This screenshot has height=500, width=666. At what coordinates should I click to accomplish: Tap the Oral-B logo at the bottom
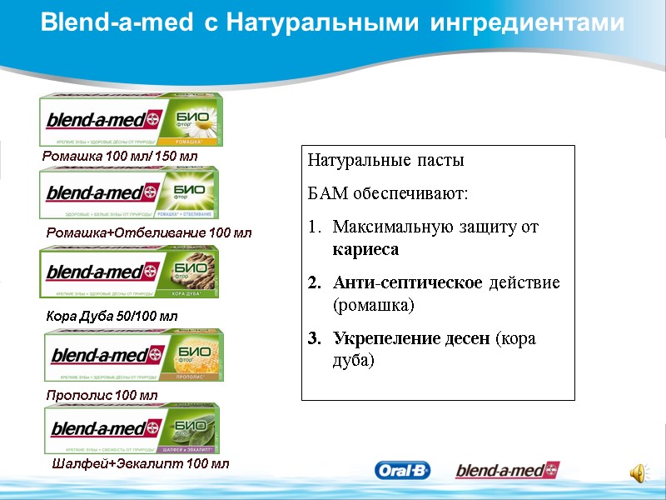pyautogui.click(x=403, y=471)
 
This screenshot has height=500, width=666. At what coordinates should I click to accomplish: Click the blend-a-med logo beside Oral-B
pyautogui.click(x=507, y=471)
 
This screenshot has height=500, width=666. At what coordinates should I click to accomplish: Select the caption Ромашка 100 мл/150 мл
pyautogui.click(x=120, y=156)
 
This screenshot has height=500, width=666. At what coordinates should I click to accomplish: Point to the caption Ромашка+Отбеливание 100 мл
pyautogui.click(x=148, y=232)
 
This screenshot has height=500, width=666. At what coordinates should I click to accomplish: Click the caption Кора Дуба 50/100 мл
pyautogui.click(x=111, y=317)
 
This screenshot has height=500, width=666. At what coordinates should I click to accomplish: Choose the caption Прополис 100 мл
pyautogui.click(x=101, y=394)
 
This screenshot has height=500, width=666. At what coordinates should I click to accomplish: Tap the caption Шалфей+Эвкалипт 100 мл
pyautogui.click(x=140, y=463)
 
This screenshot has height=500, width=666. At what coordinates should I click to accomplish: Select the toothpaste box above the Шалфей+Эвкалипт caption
pyautogui.click(x=132, y=428)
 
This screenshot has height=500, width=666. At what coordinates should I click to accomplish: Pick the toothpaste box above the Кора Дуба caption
pyautogui.click(x=129, y=272)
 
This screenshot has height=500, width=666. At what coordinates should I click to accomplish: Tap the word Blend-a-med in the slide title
pyautogui.click(x=117, y=23)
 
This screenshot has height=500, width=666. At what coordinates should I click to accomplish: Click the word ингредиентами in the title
pyautogui.click(x=527, y=23)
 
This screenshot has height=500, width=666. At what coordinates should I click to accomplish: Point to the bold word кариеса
pyautogui.click(x=365, y=249)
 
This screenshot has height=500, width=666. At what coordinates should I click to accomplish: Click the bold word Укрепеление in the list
pyautogui.click(x=386, y=339)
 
